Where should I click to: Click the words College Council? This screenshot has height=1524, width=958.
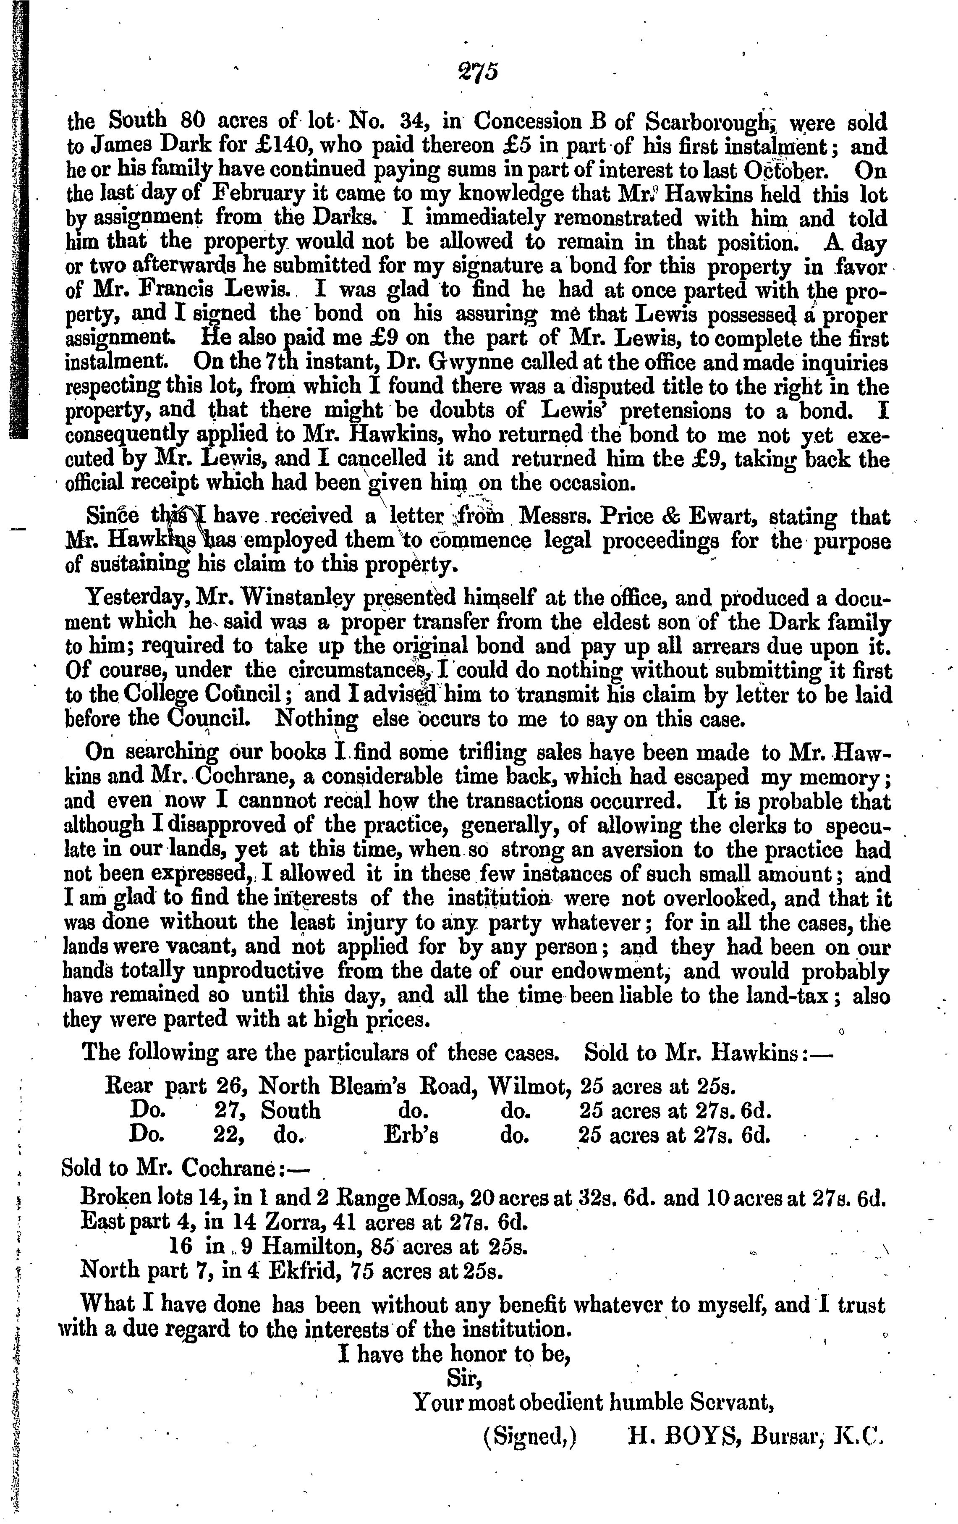click(x=206, y=695)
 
